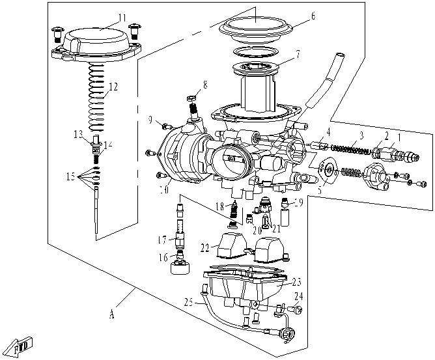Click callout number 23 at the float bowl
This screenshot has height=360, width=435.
[296, 282]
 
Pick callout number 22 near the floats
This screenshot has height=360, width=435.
[206, 247]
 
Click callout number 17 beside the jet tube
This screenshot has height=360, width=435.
[160, 239]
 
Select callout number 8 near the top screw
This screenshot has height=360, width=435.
[205, 84]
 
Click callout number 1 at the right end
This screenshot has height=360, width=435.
[400, 137]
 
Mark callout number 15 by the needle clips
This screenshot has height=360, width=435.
[70, 176]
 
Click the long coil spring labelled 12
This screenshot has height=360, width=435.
[96, 98]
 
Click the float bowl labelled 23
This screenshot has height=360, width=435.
[244, 286]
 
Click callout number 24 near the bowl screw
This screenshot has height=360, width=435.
[299, 296]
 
